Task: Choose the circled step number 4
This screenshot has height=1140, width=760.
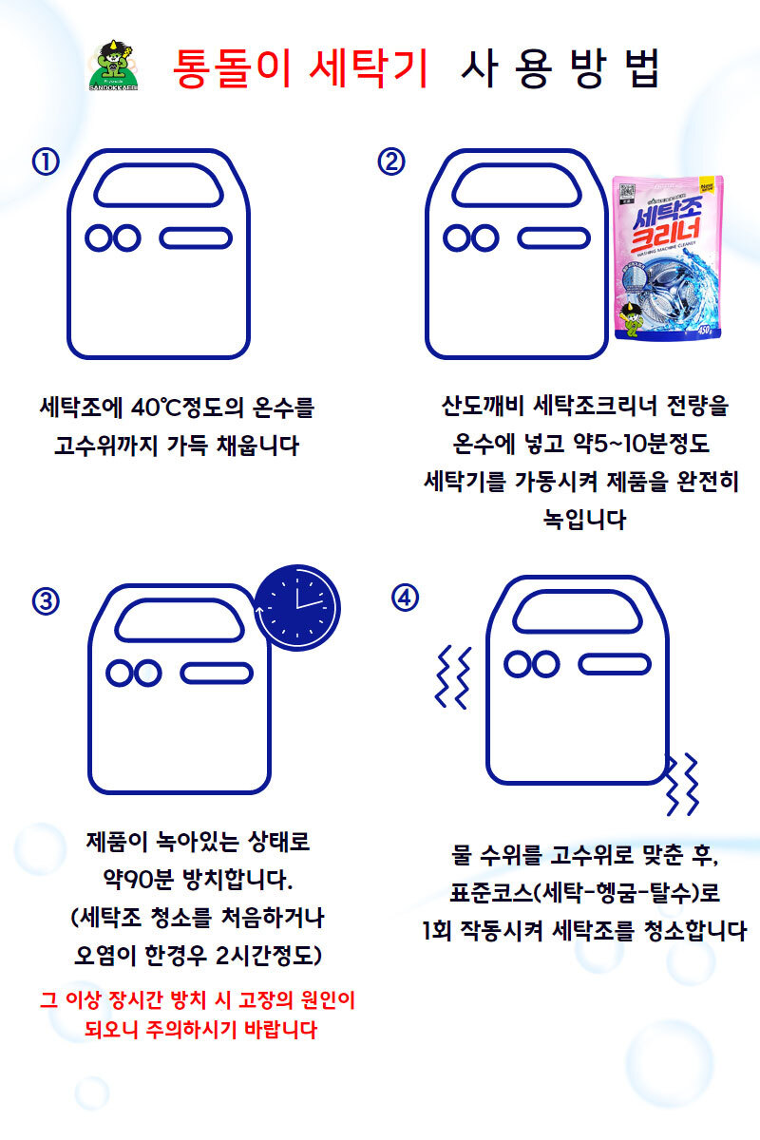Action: [x=406, y=598]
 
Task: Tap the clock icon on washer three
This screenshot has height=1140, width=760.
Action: [x=297, y=606]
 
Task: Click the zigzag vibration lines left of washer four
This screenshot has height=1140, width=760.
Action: [x=453, y=675]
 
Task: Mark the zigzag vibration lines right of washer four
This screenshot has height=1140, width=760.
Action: [x=683, y=783]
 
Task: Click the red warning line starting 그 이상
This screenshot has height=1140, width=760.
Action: [x=198, y=999]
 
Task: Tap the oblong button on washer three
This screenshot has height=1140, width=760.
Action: [x=217, y=673]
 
